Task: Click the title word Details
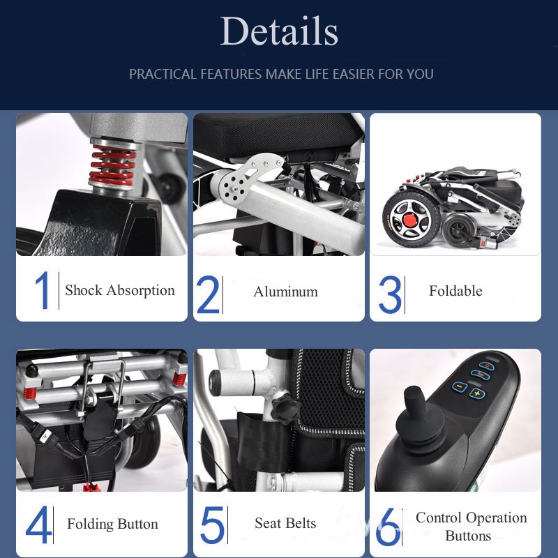click(279, 32)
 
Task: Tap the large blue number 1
click(43, 291)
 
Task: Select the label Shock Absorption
click(119, 291)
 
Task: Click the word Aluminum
click(285, 292)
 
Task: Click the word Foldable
click(455, 292)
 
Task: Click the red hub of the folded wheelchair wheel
click(407, 222)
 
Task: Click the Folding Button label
click(112, 525)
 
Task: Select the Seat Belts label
click(285, 524)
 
